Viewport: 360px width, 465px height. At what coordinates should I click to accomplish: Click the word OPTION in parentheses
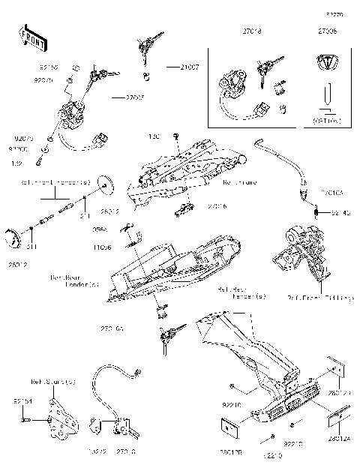tap(328, 119)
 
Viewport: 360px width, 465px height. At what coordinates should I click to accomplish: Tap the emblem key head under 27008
tap(327, 63)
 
